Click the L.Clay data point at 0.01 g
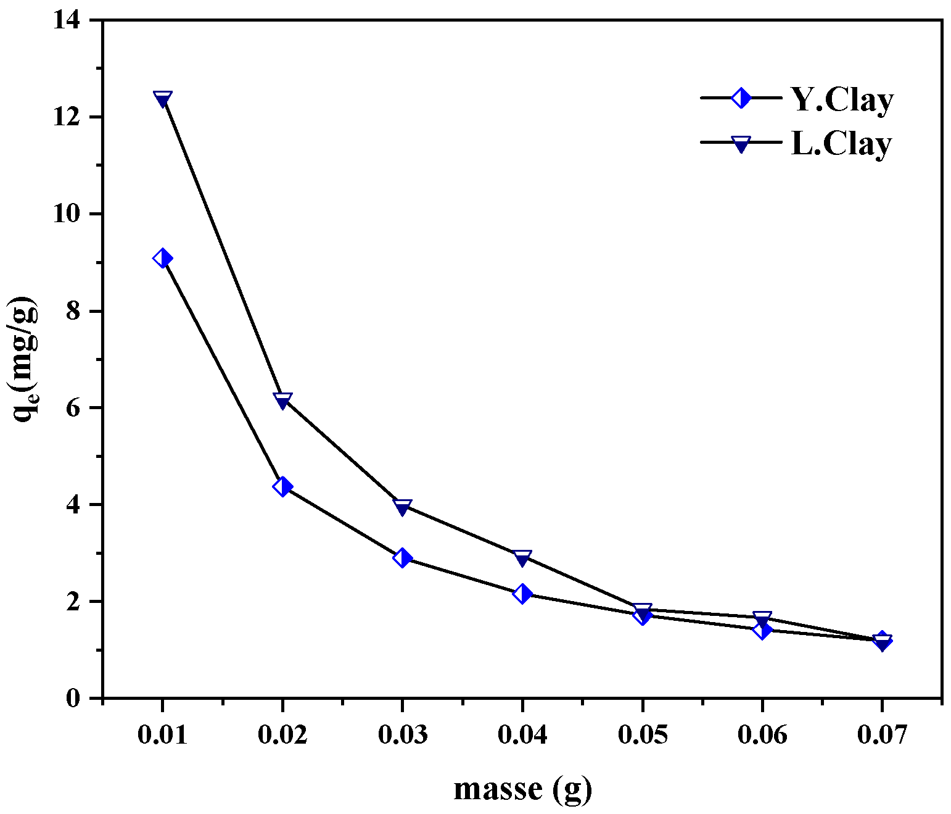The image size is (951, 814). click(x=162, y=99)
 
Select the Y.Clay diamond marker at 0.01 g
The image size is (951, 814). click(x=162, y=258)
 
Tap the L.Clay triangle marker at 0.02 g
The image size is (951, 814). click(x=282, y=401)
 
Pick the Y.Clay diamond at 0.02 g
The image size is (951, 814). click(x=282, y=486)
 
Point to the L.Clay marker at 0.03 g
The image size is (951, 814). click(x=402, y=507)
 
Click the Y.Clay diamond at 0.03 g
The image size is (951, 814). click(x=402, y=558)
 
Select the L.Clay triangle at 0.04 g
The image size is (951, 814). click(x=522, y=558)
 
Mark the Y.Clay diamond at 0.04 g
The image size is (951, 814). click(x=522, y=594)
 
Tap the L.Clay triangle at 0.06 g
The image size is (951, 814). click(x=762, y=618)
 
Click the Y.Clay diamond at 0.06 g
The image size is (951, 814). click(x=762, y=629)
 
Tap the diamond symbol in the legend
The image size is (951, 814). click(x=740, y=98)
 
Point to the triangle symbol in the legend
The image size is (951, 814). click(x=740, y=144)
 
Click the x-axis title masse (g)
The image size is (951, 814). click(x=522, y=789)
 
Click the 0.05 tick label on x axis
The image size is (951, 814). click(x=642, y=735)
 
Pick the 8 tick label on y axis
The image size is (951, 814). click(x=73, y=311)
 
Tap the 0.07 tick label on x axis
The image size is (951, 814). click(x=882, y=735)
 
